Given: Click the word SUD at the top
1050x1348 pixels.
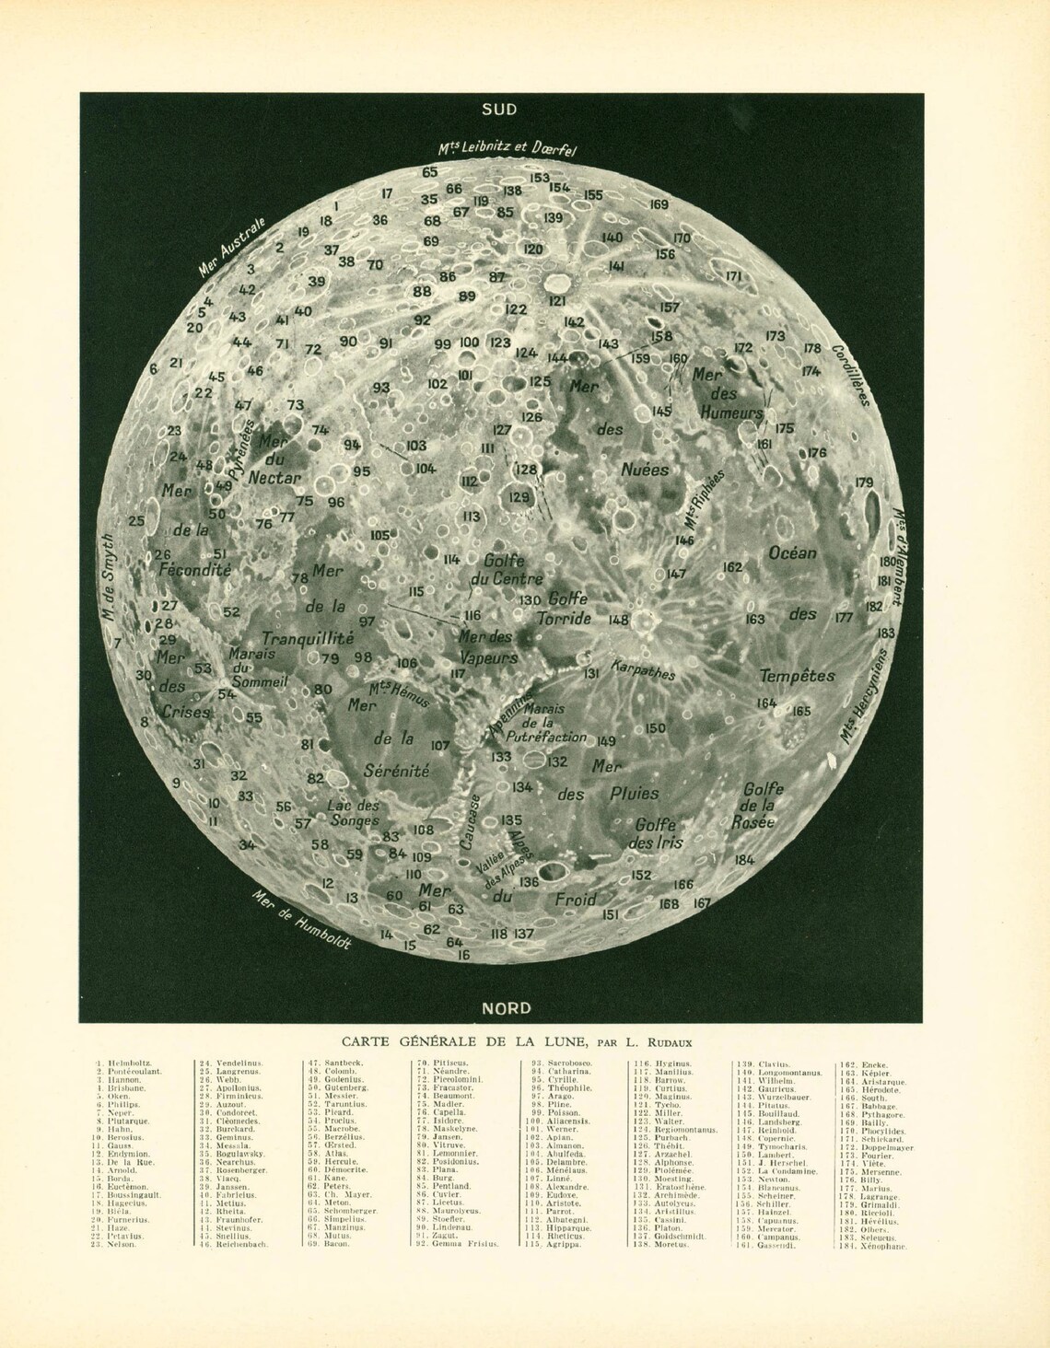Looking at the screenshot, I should pos(499,110).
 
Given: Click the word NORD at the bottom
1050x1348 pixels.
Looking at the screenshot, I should pos(507,1007).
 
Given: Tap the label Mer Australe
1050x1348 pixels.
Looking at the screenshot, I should pos(233,247).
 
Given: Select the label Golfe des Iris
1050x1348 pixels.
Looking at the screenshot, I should pos(655,834).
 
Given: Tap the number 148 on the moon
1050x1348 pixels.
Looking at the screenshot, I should pos(618,620).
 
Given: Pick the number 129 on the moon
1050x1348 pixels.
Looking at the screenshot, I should pos(519,497).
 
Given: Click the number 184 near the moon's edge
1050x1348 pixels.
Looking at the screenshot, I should pos(744,860).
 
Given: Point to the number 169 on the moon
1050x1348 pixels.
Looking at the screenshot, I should pos(659,204).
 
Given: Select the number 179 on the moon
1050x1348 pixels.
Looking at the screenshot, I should pos(864,482).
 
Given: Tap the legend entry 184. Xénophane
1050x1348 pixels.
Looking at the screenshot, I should pos(873,1246).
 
